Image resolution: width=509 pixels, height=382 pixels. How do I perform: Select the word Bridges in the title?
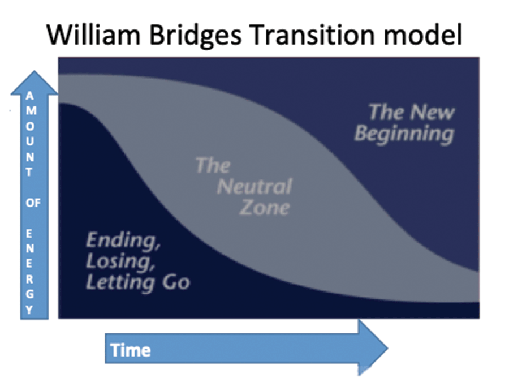coord(196,36)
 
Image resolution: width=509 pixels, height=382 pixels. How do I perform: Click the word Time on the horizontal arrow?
coord(131,350)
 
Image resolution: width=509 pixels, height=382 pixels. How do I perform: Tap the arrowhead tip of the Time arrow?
coord(387,348)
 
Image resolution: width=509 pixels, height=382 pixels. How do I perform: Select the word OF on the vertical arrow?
coord(33,203)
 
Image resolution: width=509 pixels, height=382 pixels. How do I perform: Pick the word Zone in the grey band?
coord(265,207)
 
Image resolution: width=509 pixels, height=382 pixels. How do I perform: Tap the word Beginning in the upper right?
coord(404,134)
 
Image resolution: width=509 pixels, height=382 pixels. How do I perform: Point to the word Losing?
coord(120,261)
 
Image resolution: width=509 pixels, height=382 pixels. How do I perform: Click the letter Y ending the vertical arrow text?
coord(29,310)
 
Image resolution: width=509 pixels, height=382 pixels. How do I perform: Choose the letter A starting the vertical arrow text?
coord(29,96)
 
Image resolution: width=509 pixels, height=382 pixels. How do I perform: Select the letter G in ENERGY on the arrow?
coord(29,294)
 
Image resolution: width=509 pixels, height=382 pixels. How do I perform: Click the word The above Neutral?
coord(213,166)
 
